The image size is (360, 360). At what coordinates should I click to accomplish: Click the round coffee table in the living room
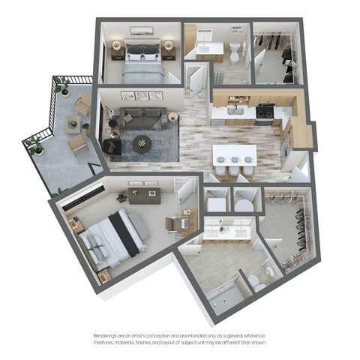[142, 142]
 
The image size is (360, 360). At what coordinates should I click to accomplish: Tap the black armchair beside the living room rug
[111, 146]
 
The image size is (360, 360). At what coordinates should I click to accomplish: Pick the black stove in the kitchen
[264, 112]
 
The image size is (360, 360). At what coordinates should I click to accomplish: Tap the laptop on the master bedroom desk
[172, 222]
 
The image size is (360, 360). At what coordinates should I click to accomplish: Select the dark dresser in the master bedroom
[144, 196]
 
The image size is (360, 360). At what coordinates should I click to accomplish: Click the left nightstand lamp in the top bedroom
[116, 45]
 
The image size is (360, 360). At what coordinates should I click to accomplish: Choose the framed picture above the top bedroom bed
[142, 31]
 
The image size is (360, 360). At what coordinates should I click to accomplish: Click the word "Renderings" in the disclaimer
[107, 335]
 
